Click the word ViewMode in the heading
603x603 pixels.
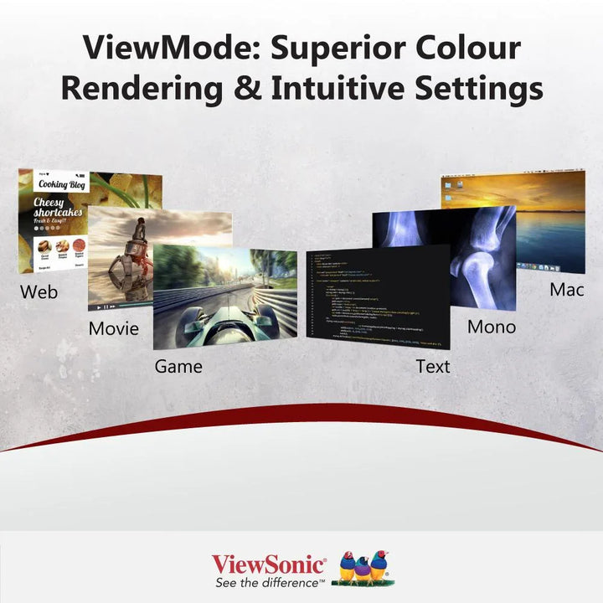pyautogui.click(x=162, y=47)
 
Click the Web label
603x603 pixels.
pyautogui.click(x=39, y=292)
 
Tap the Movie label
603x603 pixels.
pyautogui.click(x=114, y=328)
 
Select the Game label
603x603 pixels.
pyautogui.click(x=178, y=367)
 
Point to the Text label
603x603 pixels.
pyautogui.click(x=433, y=367)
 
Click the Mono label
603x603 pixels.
pyautogui.click(x=492, y=327)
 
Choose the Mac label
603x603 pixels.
pyautogui.click(x=567, y=290)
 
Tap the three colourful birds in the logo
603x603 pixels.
pyautogui.click(x=362, y=568)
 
